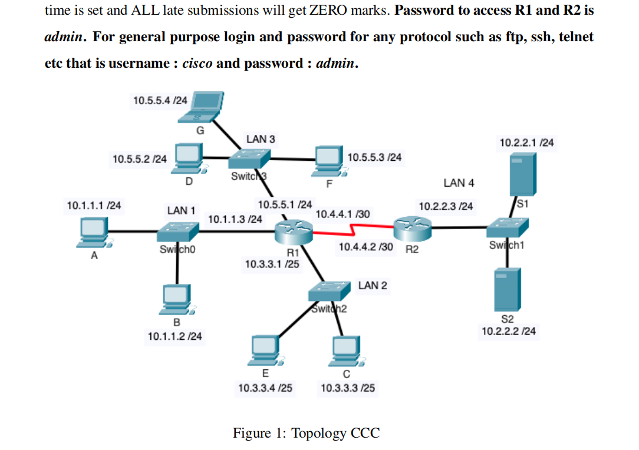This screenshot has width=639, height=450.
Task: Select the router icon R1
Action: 294,231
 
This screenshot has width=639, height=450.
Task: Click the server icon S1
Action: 523,172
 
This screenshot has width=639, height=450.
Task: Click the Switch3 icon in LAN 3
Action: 249,158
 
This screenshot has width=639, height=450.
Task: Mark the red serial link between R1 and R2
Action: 353,229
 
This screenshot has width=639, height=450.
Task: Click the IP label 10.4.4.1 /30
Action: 343,214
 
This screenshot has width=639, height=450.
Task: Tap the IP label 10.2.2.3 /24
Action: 445,206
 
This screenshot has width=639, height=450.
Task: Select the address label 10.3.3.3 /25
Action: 347,388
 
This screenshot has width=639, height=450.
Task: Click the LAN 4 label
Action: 459,183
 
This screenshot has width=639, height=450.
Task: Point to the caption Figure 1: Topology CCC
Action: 307,434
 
